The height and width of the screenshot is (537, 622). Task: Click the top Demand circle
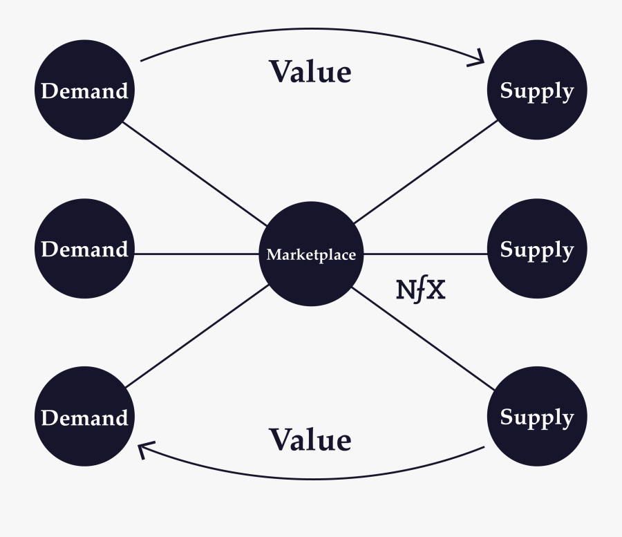(x=84, y=91)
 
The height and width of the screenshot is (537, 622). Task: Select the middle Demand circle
(x=84, y=249)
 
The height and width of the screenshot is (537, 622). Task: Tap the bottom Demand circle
(x=84, y=417)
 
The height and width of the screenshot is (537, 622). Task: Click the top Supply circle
(x=537, y=91)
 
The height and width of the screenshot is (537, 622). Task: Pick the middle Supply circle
(x=537, y=249)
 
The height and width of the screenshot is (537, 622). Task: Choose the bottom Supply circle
(x=537, y=417)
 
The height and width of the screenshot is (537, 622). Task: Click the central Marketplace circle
(x=311, y=254)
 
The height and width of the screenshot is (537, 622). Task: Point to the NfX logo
(x=421, y=291)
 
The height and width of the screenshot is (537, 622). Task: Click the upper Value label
(x=310, y=72)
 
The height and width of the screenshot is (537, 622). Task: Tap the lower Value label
(x=310, y=440)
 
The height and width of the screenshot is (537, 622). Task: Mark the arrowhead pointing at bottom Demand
(x=144, y=450)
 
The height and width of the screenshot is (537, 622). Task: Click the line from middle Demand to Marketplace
(x=197, y=254)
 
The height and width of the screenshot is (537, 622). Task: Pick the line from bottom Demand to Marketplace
(x=197, y=335)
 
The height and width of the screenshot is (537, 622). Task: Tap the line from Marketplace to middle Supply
(x=425, y=254)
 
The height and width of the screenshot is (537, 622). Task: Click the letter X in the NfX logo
(x=435, y=291)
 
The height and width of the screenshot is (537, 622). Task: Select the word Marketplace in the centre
(x=311, y=255)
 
